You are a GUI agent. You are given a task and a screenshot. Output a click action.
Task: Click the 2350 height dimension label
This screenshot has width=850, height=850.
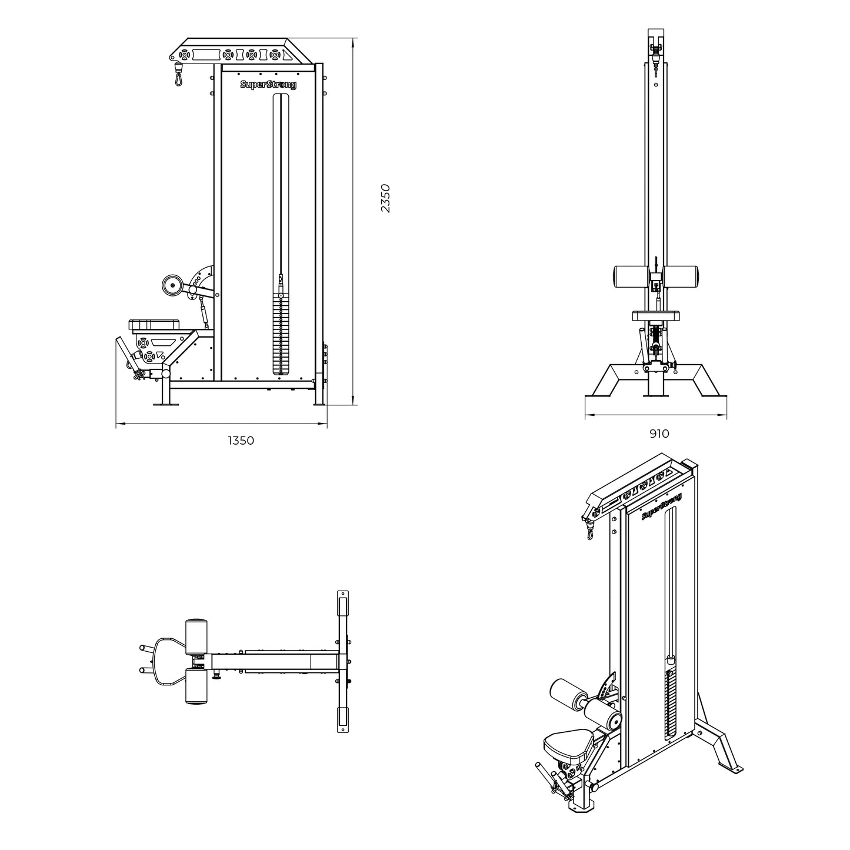point(385,198)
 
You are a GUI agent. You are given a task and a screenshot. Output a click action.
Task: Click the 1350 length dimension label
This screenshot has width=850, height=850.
point(241,441)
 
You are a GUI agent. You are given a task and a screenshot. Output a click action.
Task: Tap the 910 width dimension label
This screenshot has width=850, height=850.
point(659,434)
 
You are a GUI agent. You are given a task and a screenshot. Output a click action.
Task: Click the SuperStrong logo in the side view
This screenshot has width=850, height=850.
point(268,85)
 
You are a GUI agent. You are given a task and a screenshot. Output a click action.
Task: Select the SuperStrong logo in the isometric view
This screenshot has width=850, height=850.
point(661,506)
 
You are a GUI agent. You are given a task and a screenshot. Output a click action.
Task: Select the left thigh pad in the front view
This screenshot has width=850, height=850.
point(631,275)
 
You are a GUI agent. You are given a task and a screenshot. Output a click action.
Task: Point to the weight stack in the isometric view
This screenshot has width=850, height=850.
point(669,706)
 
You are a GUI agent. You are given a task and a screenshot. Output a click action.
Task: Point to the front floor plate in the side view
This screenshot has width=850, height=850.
point(166,404)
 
